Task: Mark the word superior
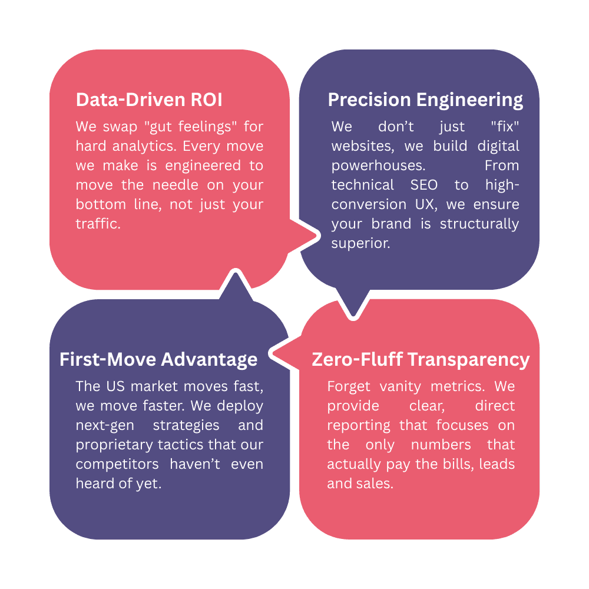(x=360, y=243)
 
